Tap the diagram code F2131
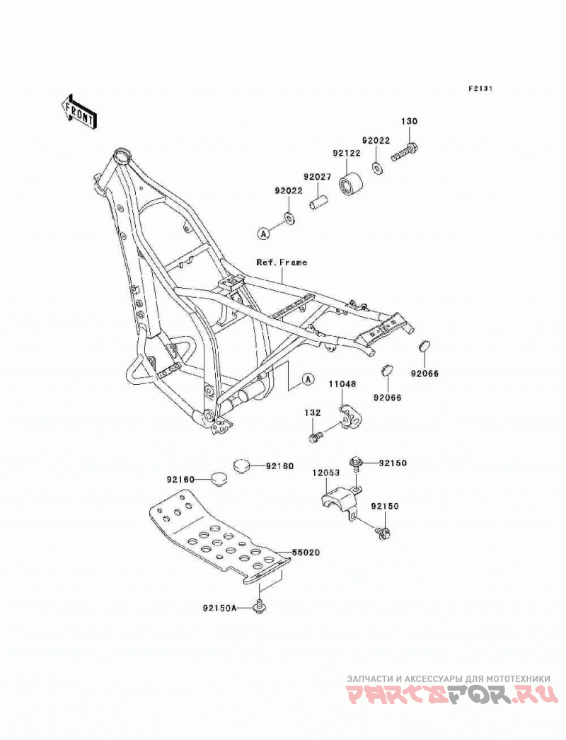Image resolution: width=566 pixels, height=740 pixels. [x=480, y=88]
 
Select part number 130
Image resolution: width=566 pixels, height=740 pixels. [x=409, y=121]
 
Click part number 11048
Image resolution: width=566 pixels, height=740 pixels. [x=342, y=385]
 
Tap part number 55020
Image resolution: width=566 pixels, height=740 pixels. [x=306, y=552]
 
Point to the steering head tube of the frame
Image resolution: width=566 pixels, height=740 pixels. [x=122, y=157]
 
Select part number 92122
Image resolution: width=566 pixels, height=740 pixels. [x=347, y=153]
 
